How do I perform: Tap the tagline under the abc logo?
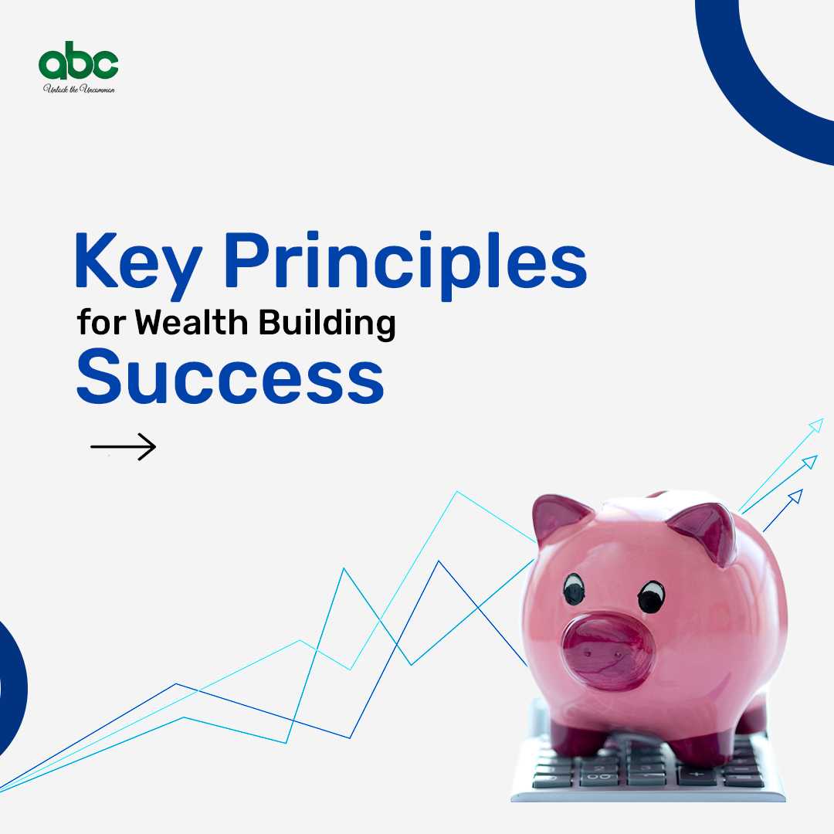[x=79, y=89]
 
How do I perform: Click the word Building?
[x=327, y=324]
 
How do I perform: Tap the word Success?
[x=230, y=376]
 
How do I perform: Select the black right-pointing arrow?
[x=123, y=447]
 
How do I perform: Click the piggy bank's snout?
[x=607, y=650]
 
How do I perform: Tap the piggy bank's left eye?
[x=574, y=589]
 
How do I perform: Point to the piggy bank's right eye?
[x=651, y=596]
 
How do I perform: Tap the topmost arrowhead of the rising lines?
[x=816, y=425]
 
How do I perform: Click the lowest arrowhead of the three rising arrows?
[x=795, y=497]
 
